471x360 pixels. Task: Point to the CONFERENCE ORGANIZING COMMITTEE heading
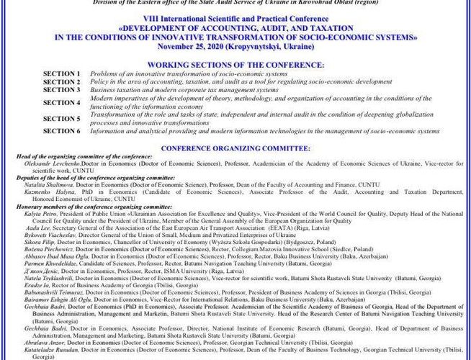point(235,148)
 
